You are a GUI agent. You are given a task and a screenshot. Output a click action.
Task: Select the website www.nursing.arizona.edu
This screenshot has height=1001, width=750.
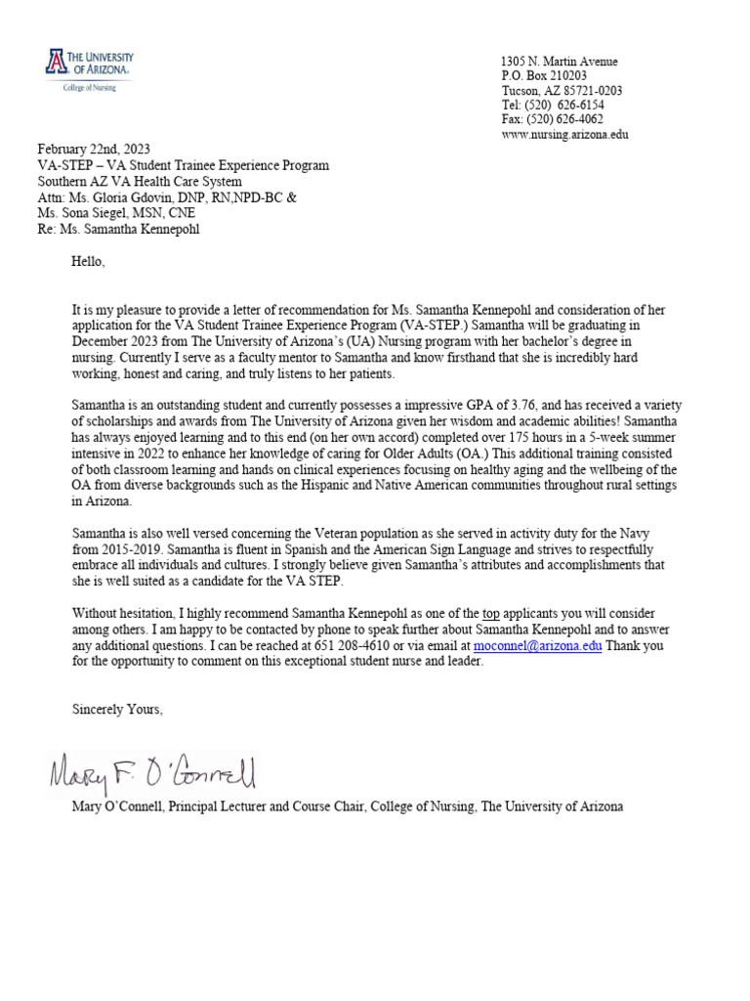pyautogui.click(x=564, y=135)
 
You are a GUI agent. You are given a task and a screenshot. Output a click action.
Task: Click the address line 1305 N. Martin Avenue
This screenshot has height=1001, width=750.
pyautogui.click(x=559, y=62)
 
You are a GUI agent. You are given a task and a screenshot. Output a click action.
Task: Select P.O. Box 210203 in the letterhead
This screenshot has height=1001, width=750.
pyautogui.click(x=544, y=76)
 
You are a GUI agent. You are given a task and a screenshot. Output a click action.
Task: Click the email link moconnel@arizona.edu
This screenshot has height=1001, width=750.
pyautogui.click(x=537, y=646)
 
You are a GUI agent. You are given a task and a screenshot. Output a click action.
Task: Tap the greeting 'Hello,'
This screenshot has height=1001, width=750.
pyautogui.click(x=87, y=262)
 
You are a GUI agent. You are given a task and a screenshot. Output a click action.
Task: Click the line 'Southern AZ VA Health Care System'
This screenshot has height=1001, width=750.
pyautogui.click(x=139, y=181)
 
